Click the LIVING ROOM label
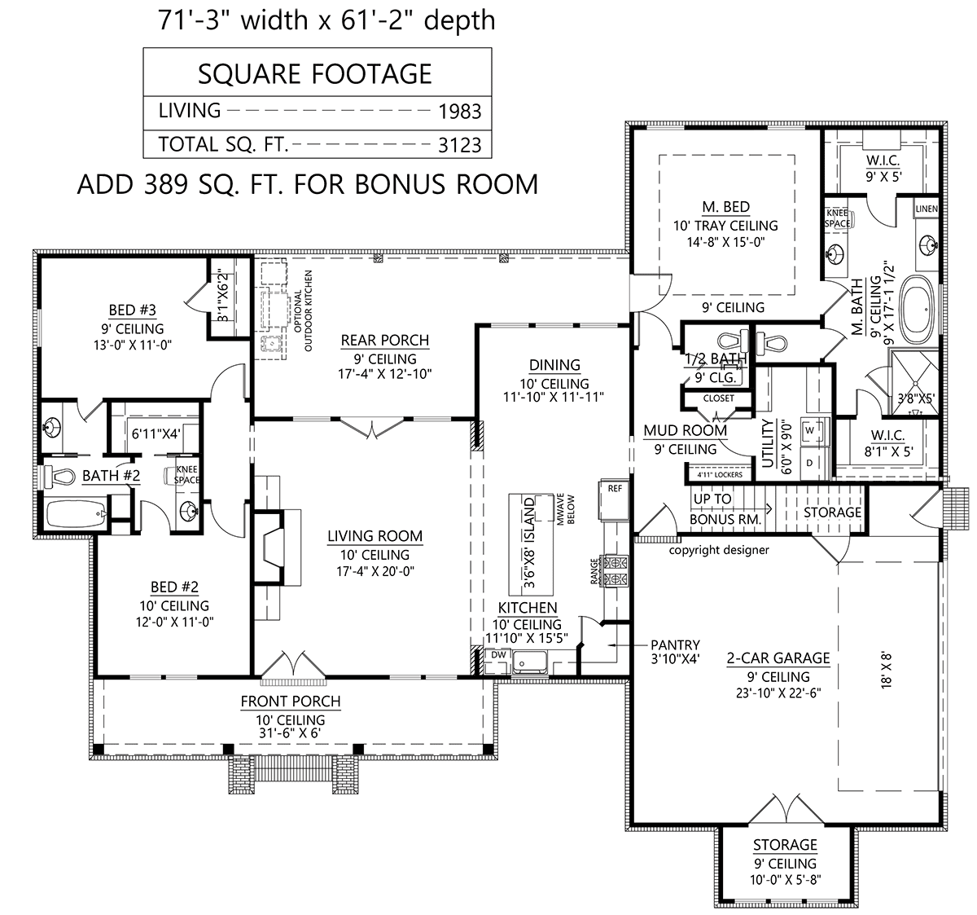coord(375,536)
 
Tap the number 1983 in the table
coord(459,112)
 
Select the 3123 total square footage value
coord(459,145)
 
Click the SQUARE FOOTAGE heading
coord(315,74)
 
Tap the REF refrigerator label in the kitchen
coord(615,489)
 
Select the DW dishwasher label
coord(498,655)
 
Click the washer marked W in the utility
coord(809,430)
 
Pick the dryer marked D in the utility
coord(809,463)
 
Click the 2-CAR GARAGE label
coord(778,658)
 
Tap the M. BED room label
coord(725,207)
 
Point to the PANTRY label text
coord(675,644)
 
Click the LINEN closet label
coord(927,209)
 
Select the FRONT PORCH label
coord(290,702)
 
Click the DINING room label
coord(554,365)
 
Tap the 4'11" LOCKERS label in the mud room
coord(720,475)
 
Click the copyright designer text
coord(719,550)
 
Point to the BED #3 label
coord(133,310)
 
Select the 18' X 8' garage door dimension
coord(886,671)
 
